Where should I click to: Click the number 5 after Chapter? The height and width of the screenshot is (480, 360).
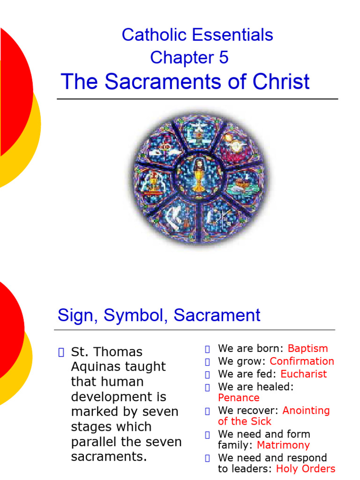pyautogui.click(x=224, y=58)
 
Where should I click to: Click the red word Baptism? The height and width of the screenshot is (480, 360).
pyautogui.click(x=307, y=348)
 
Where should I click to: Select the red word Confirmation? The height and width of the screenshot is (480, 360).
pyautogui.click(x=302, y=361)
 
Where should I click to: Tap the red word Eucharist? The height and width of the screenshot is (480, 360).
pyautogui.click(x=304, y=374)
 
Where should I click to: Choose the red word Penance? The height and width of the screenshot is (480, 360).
pyautogui.click(x=239, y=397)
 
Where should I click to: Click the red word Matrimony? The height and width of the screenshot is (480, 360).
pyautogui.click(x=283, y=445)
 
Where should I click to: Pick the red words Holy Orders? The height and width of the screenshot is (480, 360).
pyautogui.click(x=306, y=469)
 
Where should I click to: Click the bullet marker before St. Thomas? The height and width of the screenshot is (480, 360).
pyautogui.click(x=60, y=352)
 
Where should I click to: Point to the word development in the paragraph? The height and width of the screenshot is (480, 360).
pyautogui.click(x=119, y=397)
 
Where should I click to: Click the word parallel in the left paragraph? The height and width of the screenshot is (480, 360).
pyautogui.click(x=97, y=442)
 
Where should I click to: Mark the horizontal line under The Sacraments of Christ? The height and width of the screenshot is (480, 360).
pyautogui.click(x=197, y=99)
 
